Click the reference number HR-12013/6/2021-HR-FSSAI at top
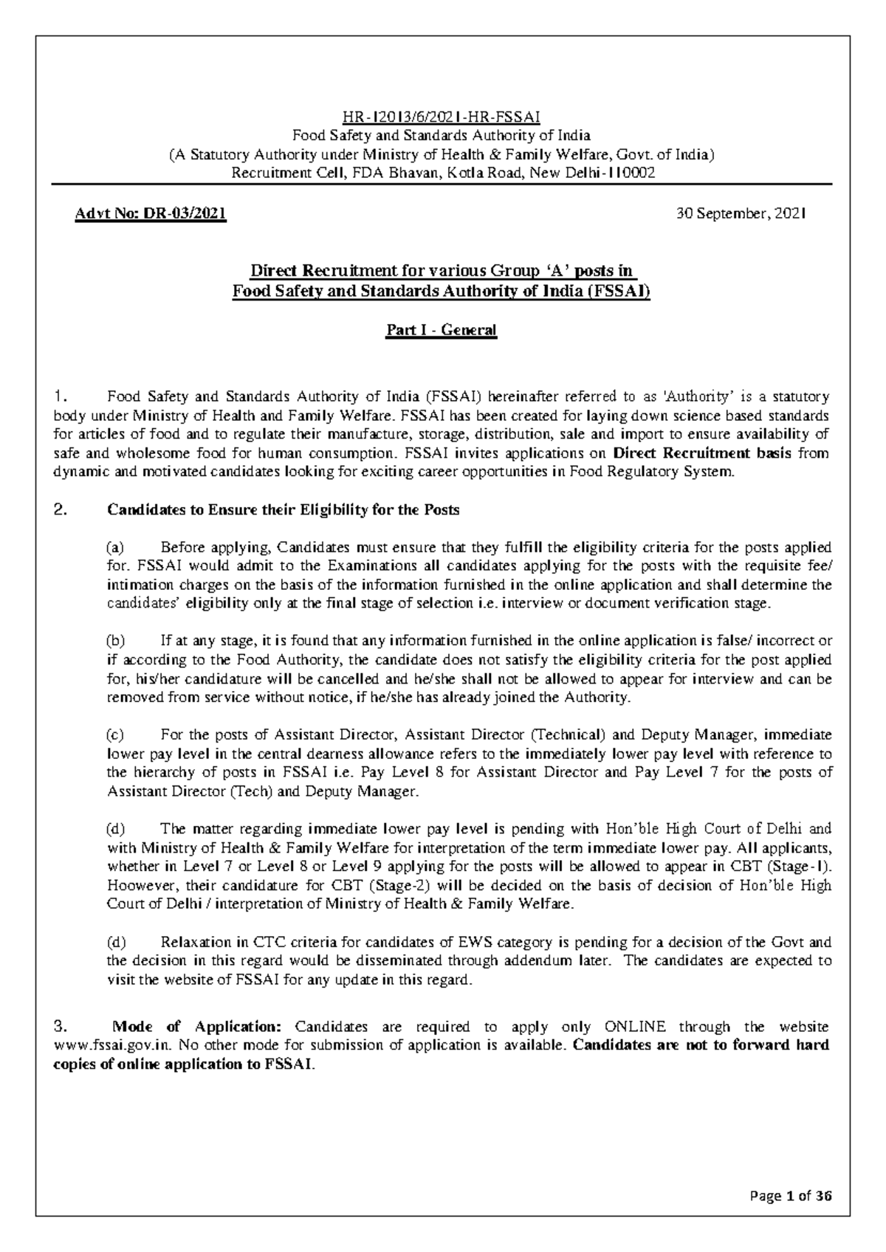pos(442,117)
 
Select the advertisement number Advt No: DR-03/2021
pos(150,214)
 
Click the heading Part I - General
pos(442,330)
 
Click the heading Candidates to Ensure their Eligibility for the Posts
pos(284,510)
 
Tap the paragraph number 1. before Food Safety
pos(61,397)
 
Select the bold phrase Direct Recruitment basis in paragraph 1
pos(701,453)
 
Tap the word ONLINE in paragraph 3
pos(635,1027)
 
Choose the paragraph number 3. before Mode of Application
pos(61,1027)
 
